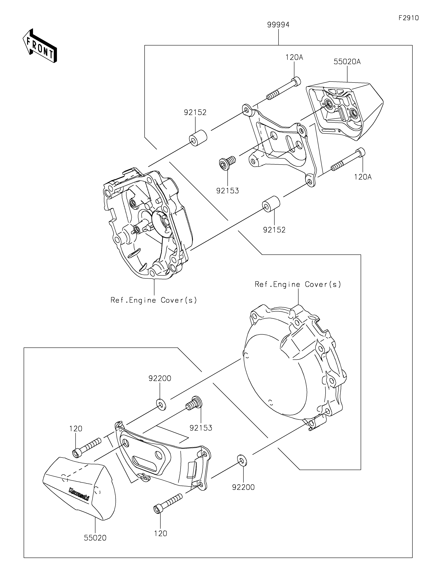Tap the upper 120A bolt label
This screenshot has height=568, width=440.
coord(294,57)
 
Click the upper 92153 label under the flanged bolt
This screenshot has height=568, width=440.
coord(227,191)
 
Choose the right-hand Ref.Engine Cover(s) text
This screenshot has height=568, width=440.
coord(298,284)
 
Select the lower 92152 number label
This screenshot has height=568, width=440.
coord(274,230)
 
